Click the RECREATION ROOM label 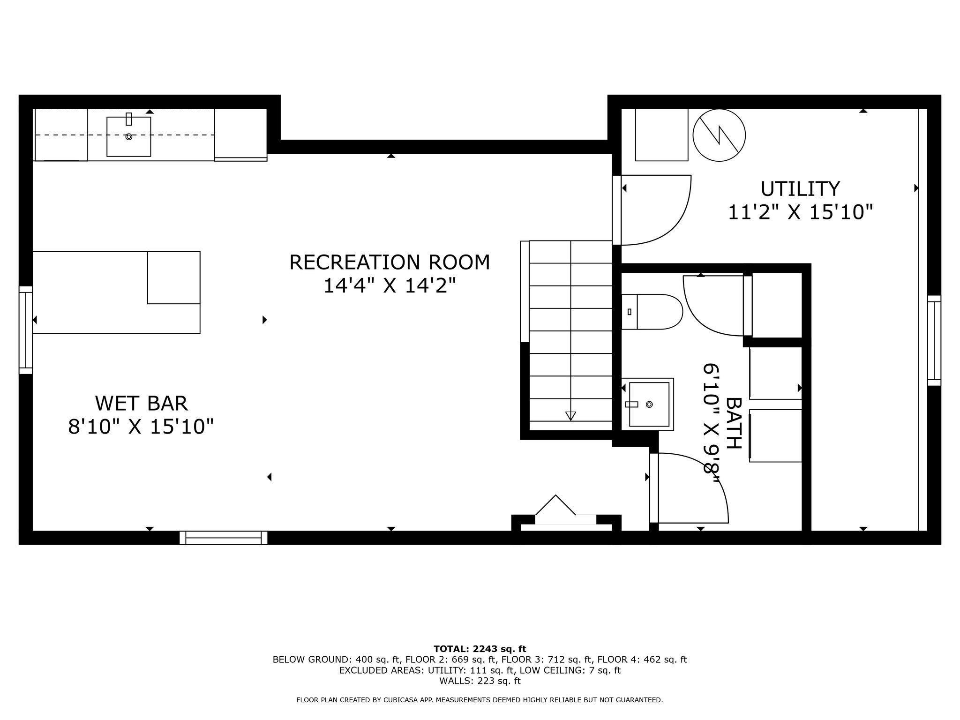(390, 262)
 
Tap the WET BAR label (141, 404)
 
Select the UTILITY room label (800, 189)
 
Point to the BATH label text (734, 423)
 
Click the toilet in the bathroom (652, 312)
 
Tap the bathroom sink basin (649, 404)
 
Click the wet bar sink (129, 136)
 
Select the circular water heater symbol (719, 135)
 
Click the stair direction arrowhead (570, 415)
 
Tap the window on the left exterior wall (26, 330)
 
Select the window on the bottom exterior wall (224, 538)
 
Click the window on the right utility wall (934, 341)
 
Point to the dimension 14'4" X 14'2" (390, 285)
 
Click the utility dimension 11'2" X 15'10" (800, 212)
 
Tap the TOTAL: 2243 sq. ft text (480, 649)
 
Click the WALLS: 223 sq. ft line (480, 681)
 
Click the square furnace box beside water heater (661, 135)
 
